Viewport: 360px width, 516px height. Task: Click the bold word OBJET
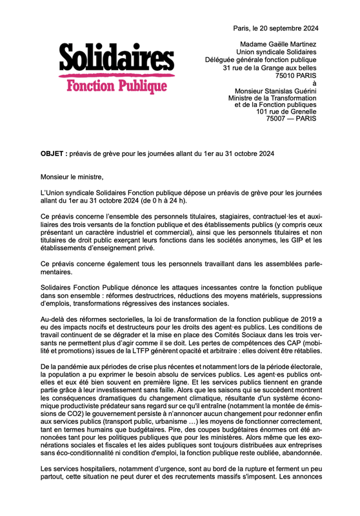[54, 154]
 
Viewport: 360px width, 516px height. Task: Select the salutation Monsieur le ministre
[72, 175]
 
